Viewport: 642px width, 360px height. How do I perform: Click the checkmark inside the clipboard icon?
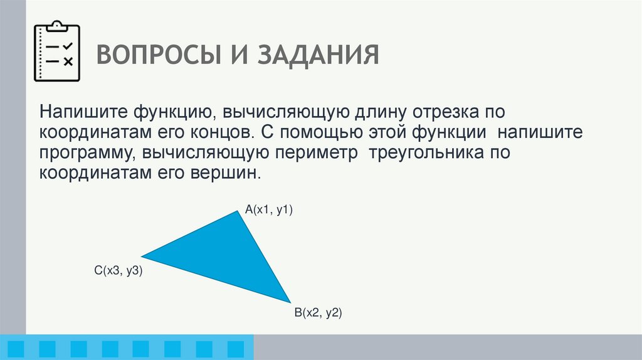click(69, 46)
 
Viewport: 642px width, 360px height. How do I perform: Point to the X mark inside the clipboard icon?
click(69, 61)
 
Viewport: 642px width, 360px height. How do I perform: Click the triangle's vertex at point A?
click(238, 212)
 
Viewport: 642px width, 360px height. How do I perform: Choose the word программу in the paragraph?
click(88, 153)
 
